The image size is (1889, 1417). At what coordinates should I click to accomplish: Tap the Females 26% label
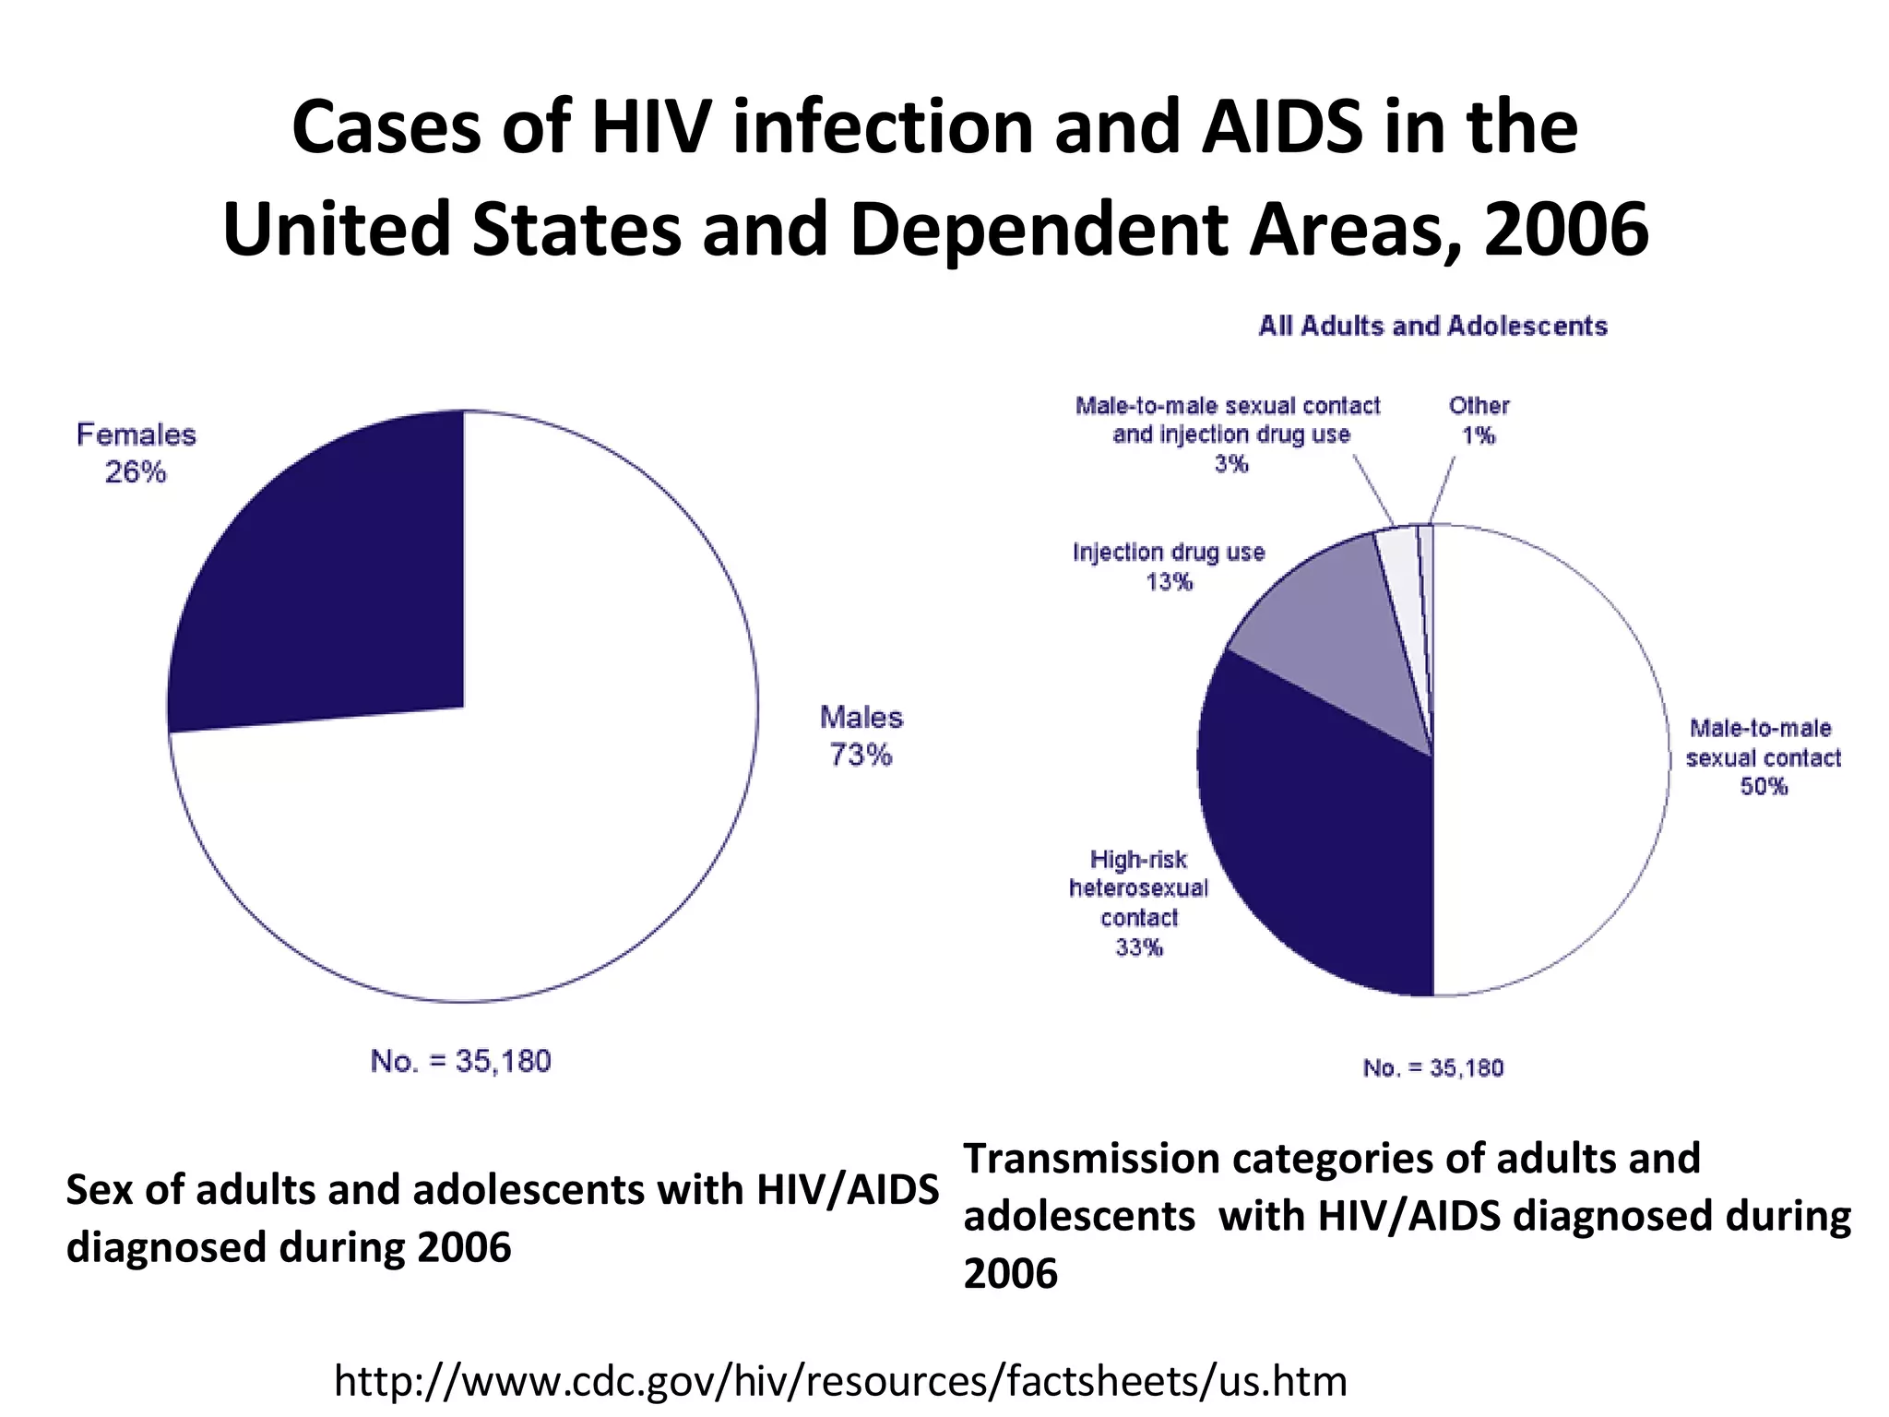tap(136, 453)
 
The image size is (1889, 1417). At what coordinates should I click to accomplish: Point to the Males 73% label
tap(861, 735)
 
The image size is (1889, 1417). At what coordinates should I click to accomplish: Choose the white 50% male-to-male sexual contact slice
tap(1550, 756)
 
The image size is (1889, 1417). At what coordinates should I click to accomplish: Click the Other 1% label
tap(1479, 420)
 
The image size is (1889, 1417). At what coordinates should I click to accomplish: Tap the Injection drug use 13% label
tap(1169, 566)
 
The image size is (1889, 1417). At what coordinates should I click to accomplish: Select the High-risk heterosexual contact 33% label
tap(1138, 902)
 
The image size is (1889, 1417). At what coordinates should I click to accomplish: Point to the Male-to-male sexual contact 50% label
tap(1763, 756)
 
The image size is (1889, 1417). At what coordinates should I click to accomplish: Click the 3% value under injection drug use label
tap(1230, 464)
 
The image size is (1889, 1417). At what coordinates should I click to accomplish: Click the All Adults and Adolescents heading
tap(1432, 326)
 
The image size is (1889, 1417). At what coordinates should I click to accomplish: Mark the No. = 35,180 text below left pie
tap(460, 1061)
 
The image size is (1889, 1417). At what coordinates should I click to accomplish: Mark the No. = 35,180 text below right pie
tap(1432, 1068)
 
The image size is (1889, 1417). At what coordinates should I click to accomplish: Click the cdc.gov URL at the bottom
tap(840, 1381)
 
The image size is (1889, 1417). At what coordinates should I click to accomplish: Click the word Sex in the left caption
tap(99, 1190)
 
